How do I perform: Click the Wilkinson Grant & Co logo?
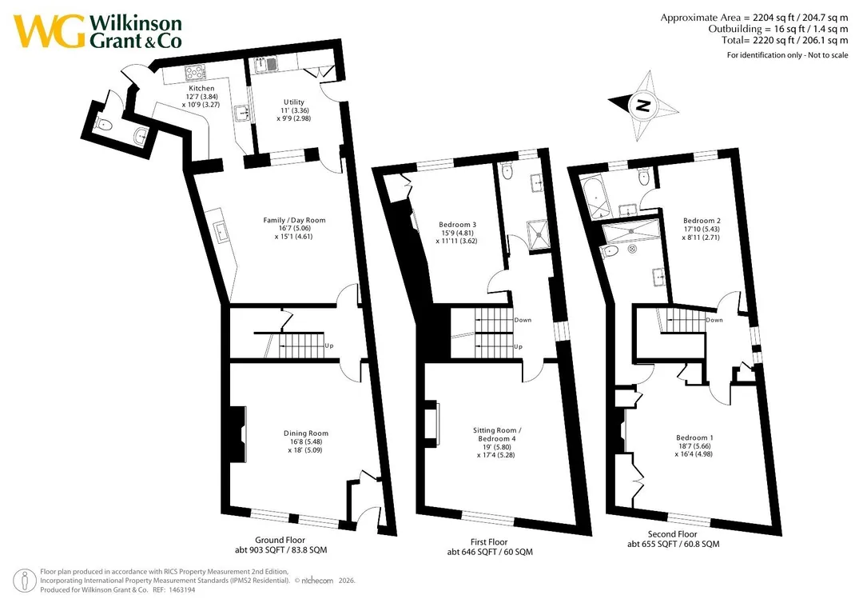point(98,32)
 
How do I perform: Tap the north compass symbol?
point(643,106)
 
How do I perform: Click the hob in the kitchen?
point(195,73)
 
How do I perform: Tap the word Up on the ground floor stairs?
point(329,346)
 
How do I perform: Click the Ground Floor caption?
point(280,540)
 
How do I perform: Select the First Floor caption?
point(489,542)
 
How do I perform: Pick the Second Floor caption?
point(673,534)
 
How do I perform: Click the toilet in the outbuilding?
point(103,125)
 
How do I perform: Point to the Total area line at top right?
point(785,40)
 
